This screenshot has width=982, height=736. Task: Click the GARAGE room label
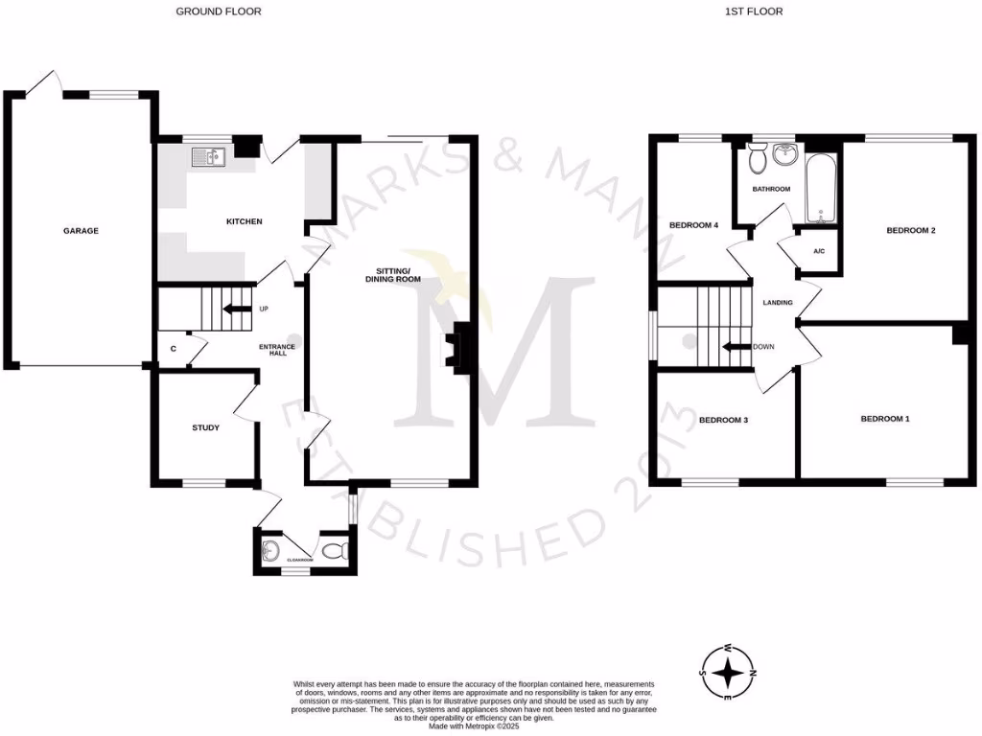pos(82,231)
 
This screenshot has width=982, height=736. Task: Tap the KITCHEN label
pos(244,222)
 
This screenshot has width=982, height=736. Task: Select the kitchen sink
pos(206,156)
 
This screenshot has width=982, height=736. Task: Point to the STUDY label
pos(205,428)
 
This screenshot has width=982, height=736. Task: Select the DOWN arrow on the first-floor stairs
pos(736,347)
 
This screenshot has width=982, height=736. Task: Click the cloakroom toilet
pos(333,550)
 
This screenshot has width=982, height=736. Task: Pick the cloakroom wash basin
pos(270,550)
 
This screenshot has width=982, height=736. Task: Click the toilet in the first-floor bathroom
pos(758,156)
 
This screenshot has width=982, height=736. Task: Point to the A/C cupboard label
pos(818,252)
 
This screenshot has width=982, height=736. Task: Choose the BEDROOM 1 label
pos(883,419)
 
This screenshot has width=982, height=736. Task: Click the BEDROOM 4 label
pos(693,225)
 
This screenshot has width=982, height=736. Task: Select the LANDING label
pos(778,303)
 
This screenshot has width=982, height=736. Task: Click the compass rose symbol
pos(730,671)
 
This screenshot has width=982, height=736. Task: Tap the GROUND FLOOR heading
pos(218,11)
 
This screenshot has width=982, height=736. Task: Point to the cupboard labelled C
pos(174,349)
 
